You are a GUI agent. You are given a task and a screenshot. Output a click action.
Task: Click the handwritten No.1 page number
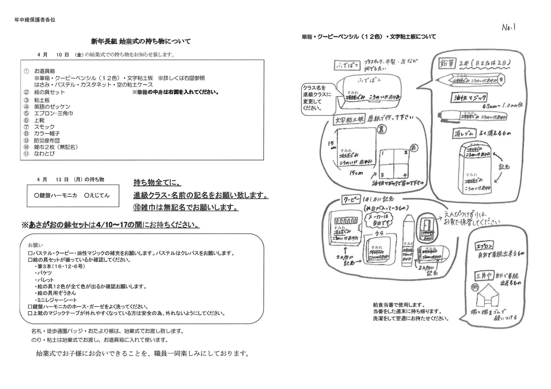509,27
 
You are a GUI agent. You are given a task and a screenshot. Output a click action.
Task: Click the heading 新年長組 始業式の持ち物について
141,41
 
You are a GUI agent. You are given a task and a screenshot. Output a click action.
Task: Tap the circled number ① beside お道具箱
26,71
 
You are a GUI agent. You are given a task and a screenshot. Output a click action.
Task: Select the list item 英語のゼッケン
52,107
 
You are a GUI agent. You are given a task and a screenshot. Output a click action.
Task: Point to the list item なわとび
44,154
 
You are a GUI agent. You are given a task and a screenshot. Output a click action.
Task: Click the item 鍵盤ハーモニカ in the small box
55,196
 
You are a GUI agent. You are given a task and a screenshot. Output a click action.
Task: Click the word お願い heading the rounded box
35,245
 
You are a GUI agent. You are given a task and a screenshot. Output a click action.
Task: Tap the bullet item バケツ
44,273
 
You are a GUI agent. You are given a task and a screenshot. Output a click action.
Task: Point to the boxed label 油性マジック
469,98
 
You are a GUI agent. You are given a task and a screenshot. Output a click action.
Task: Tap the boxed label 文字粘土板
349,120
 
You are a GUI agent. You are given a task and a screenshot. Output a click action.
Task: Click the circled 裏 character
381,130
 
